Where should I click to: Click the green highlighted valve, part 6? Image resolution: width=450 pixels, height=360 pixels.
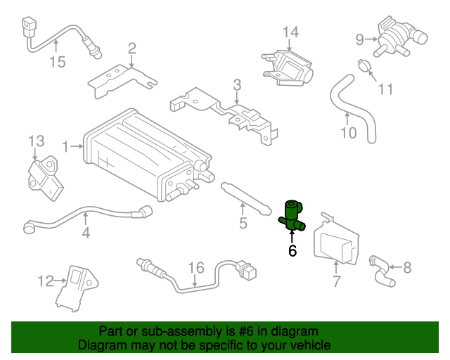[292, 214]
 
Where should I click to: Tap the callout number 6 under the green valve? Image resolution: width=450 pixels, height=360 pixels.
[292, 250]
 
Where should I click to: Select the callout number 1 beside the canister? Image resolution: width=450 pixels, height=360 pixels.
[67, 147]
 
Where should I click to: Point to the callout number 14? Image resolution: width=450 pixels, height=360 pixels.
[291, 32]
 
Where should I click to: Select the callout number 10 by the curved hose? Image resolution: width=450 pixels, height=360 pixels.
[349, 131]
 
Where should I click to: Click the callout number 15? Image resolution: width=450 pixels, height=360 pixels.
[57, 62]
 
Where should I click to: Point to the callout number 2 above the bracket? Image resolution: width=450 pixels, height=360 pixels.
[131, 48]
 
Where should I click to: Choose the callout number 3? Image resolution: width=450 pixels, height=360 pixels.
[237, 85]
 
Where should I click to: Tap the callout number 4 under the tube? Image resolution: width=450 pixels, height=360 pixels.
[85, 231]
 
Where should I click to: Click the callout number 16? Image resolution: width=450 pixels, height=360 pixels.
[195, 268]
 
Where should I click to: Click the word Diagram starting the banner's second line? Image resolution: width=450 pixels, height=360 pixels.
[102, 345]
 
